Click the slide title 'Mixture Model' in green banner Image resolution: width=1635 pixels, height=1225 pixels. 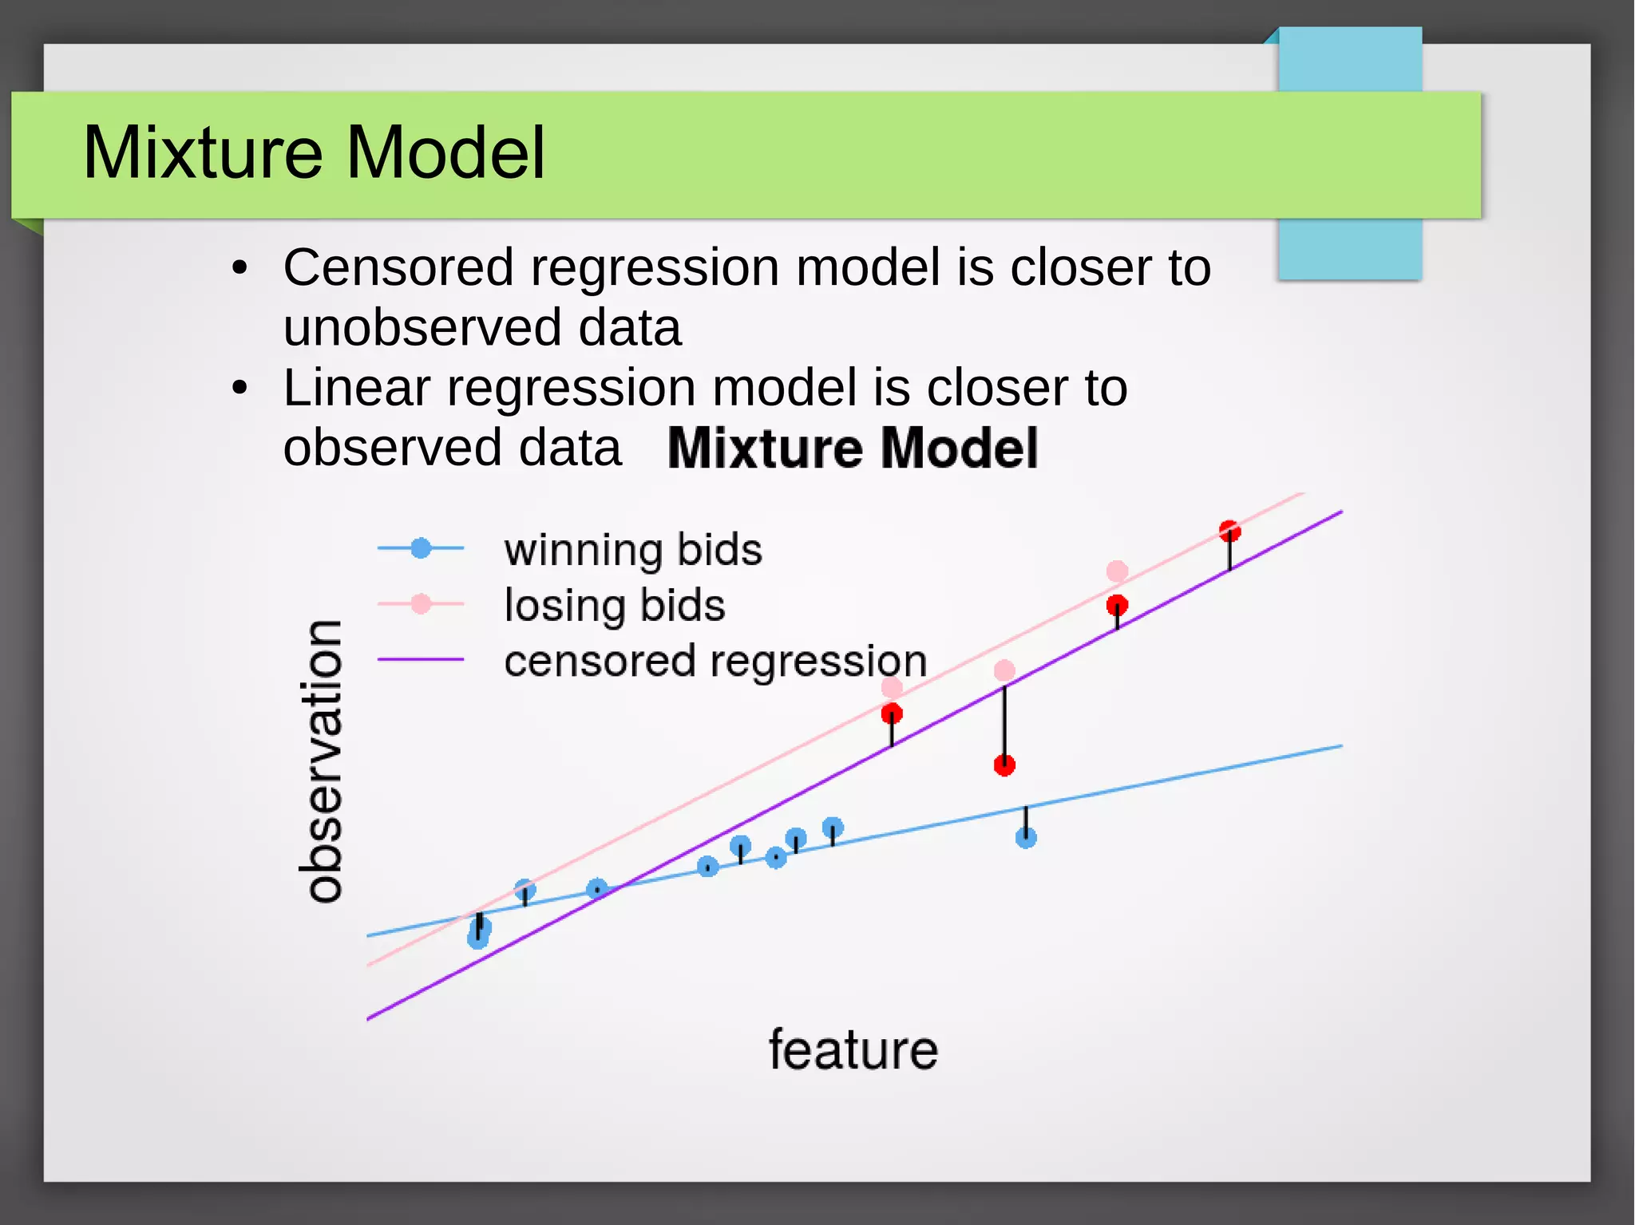(x=314, y=152)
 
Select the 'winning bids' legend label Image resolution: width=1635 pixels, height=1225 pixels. (x=632, y=550)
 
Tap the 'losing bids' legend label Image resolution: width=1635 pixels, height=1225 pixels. (x=614, y=605)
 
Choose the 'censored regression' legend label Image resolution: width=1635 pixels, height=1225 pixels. (x=715, y=661)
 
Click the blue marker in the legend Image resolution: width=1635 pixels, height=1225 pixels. (x=421, y=548)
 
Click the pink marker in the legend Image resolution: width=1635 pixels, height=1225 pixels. (x=421, y=604)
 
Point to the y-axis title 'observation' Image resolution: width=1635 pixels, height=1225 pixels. (x=324, y=761)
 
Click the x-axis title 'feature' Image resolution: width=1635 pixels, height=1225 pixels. (x=853, y=1049)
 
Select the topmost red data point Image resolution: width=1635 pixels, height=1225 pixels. (x=1229, y=531)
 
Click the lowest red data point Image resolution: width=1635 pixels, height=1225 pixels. (x=1004, y=765)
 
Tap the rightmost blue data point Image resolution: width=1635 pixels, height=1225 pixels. (x=1026, y=837)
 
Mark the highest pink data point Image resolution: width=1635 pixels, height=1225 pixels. (x=1117, y=571)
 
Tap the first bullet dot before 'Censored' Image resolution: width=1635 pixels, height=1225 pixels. (x=240, y=268)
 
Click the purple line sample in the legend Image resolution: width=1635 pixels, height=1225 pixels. (x=421, y=660)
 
